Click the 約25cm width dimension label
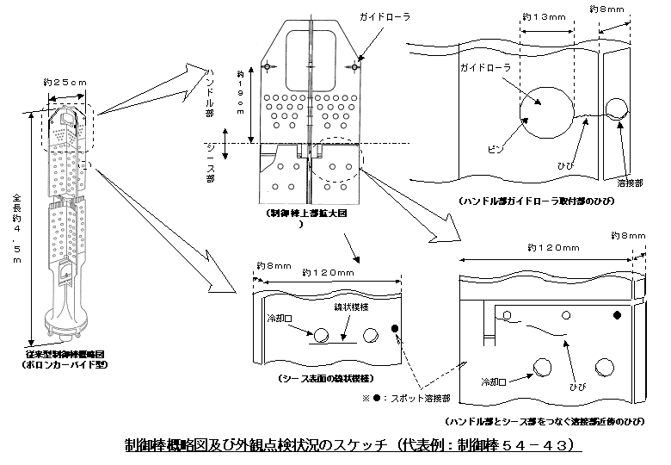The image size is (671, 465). [x=65, y=82]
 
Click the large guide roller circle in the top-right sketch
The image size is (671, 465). [x=546, y=110]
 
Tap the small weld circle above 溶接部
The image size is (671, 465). [x=616, y=107]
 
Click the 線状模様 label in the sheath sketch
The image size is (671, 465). [x=349, y=307]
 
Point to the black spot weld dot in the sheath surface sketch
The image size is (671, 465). [x=395, y=328]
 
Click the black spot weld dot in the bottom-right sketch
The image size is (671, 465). [x=616, y=315]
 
